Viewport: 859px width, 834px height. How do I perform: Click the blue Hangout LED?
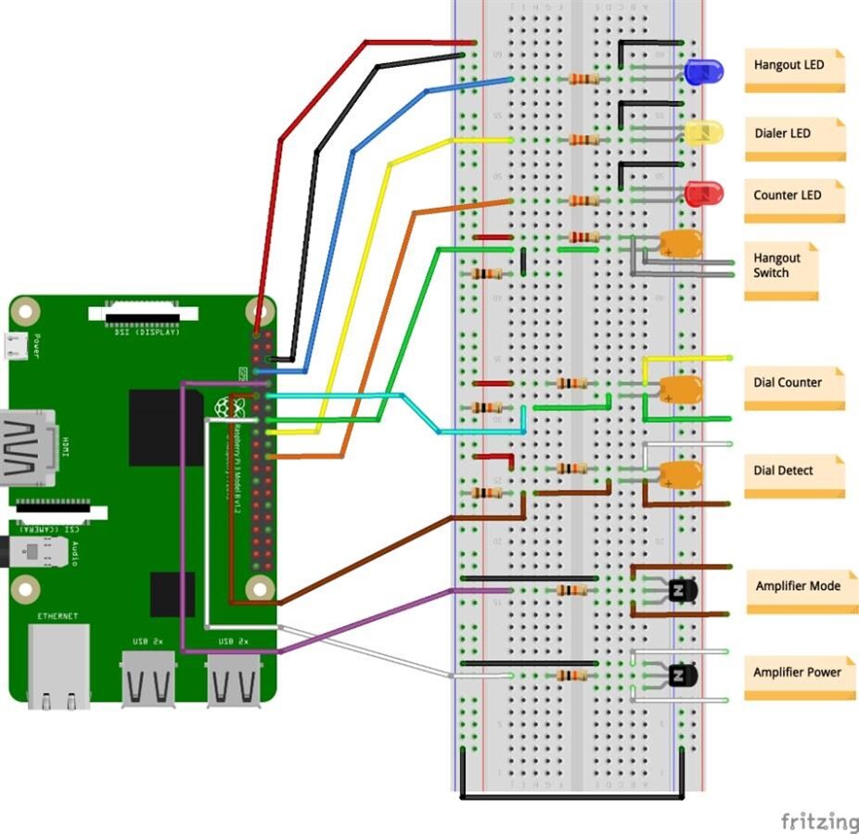pyautogui.click(x=703, y=71)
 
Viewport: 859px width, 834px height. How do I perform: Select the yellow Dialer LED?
pyautogui.click(x=703, y=133)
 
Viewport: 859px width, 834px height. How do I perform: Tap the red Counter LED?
pyautogui.click(x=703, y=194)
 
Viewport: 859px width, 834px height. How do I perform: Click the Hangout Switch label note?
pyautogui.click(x=781, y=268)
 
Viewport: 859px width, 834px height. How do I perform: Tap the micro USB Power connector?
pyautogui.click(x=15, y=345)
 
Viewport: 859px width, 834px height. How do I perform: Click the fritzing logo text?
pyautogui.click(x=818, y=821)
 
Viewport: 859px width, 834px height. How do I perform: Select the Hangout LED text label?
pyautogui.click(x=789, y=66)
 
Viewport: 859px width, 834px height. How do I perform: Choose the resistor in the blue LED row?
pyautogui.click(x=583, y=79)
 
